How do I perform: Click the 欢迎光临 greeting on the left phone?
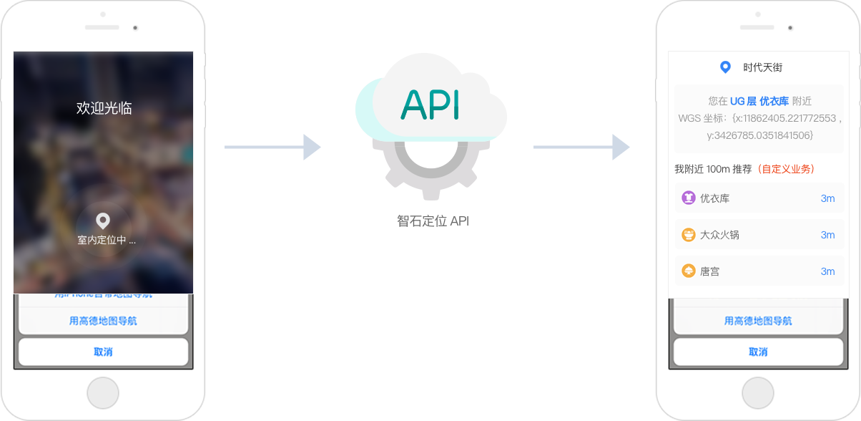pos(104,108)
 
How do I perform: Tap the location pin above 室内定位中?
pos(103,221)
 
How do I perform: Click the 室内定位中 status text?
pos(106,241)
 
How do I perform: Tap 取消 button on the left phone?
pos(103,352)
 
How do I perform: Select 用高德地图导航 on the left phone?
pos(103,321)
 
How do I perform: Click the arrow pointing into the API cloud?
pos(272,147)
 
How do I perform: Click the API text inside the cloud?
pos(430,105)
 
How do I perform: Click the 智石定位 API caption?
pos(433,221)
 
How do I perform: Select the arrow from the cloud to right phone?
pos(581,147)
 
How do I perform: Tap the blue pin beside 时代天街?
pos(725,67)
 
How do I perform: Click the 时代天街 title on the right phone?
pos(762,67)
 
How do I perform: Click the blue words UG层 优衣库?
pos(759,101)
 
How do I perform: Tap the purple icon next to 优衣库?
pos(689,198)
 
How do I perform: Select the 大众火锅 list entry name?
pos(719,235)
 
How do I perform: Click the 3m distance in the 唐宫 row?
pos(827,271)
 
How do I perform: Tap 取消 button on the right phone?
pos(758,352)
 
